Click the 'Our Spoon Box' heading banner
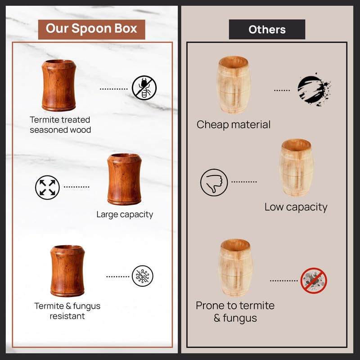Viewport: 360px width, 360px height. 91,29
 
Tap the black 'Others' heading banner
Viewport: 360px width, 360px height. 267,29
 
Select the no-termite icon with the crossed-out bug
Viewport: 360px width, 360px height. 144,88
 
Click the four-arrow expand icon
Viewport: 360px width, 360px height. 47,187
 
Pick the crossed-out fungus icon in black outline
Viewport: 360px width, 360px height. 143,276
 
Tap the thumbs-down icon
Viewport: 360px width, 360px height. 214,183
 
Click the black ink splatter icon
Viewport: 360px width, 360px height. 314,90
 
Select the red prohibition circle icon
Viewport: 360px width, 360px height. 314,280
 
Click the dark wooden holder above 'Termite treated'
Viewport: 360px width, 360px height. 59,85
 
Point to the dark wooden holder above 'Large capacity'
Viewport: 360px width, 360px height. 124,179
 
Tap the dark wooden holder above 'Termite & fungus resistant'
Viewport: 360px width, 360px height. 67,271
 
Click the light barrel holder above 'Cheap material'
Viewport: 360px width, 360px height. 234,85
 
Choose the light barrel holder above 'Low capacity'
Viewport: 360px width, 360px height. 297,167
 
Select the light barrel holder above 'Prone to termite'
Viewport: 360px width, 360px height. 235,268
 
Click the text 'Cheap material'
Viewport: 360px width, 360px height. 234,125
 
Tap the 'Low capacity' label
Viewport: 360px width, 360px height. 296,207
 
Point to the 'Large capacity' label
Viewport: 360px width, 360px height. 125,215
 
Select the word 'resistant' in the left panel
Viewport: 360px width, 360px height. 67,316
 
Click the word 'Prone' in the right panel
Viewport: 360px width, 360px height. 210,306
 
